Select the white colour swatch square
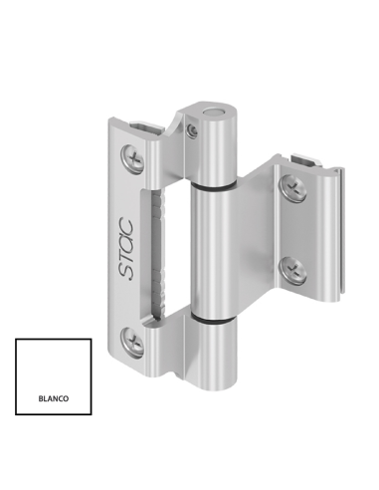click(x=53, y=376)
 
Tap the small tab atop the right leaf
click(x=309, y=159)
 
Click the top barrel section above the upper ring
click(x=214, y=149)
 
